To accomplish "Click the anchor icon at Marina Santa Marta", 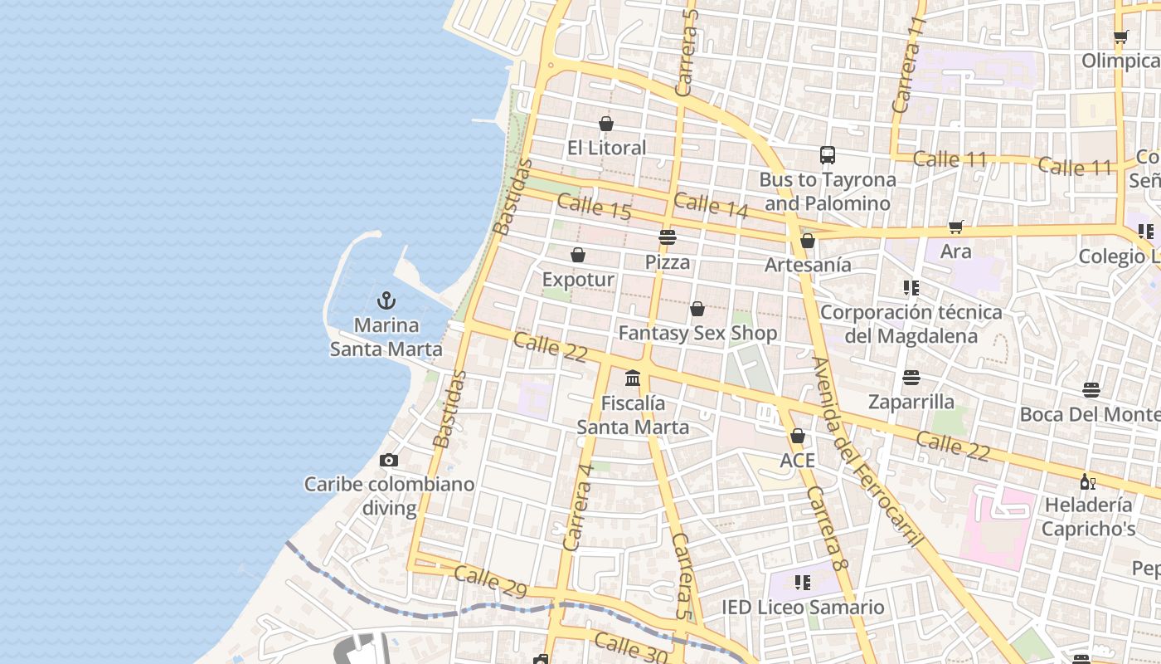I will tap(386, 300).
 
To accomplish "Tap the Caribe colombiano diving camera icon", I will tap(388, 460).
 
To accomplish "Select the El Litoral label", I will tap(606, 148).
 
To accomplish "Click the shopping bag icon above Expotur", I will tap(578, 255).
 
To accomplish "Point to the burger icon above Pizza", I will tap(668, 237).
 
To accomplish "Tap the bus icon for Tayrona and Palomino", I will tap(827, 154).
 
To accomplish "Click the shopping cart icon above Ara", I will tap(956, 227).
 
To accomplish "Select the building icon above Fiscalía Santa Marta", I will tap(633, 378).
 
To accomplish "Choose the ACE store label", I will tap(797, 460).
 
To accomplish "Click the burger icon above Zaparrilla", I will tap(911, 378).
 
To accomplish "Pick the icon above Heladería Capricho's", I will tap(1088, 481).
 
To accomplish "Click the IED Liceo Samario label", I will tap(803, 608).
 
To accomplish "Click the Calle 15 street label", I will tap(594, 207).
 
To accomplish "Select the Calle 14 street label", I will tap(711, 205).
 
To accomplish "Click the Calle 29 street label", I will tap(490, 582).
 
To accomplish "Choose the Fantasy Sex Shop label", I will tap(697, 334).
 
